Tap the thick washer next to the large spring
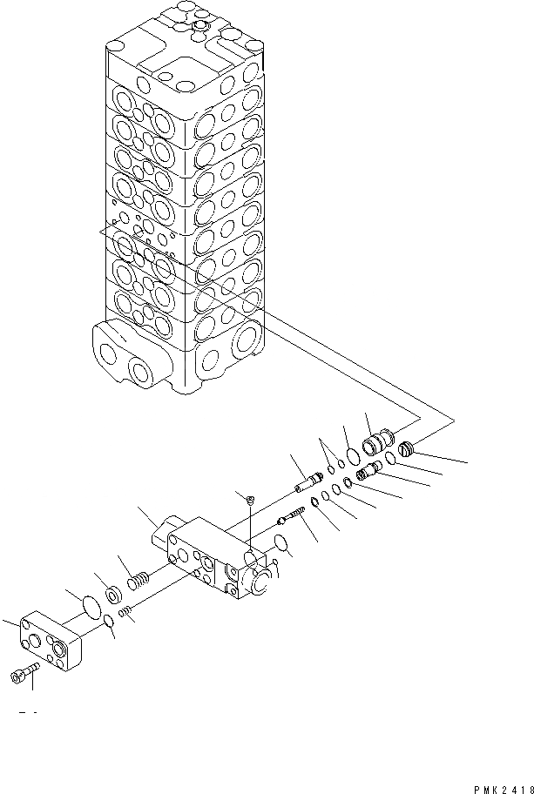tap(113, 598)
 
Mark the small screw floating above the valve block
tap(248, 499)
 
